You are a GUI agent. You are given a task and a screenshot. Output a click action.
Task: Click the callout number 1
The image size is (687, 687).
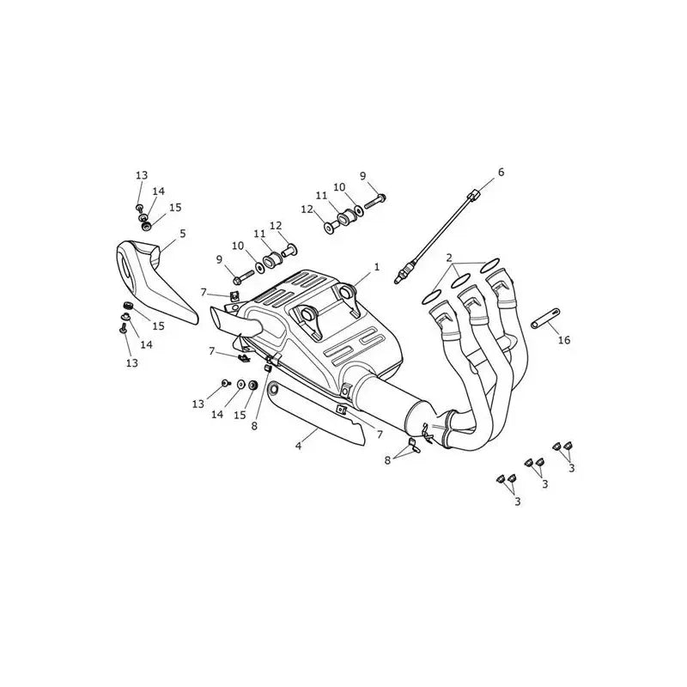tap(376, 267)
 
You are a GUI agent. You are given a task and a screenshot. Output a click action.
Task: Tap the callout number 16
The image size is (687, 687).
tap(564, 339)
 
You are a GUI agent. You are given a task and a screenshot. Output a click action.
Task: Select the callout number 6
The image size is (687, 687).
tap(501, 172)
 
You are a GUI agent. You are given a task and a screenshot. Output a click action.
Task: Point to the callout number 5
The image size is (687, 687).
tap(182, 234)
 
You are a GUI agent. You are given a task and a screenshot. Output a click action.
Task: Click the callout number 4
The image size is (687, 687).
tap(298, 446)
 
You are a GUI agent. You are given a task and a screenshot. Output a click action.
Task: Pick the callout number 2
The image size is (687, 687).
tap(448, 258)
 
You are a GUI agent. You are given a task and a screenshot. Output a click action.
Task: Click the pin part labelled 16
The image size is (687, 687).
tap(545, 318)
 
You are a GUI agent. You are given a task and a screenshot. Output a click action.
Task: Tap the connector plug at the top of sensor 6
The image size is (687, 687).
tap(472, 195)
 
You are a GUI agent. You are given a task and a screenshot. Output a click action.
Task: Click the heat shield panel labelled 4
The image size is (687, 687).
tap(315, 410)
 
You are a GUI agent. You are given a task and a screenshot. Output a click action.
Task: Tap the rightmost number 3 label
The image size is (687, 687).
tap(571, 468)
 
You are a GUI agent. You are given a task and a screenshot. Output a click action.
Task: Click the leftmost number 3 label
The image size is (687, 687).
tap(518, 502)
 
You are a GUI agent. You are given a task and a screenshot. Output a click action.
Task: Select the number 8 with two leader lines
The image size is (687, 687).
tap(387, 460)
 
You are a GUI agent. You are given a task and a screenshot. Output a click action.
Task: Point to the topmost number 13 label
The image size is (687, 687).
tap(142, 175)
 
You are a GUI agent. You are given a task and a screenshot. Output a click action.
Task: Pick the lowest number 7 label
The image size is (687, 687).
tap(380, 435)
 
